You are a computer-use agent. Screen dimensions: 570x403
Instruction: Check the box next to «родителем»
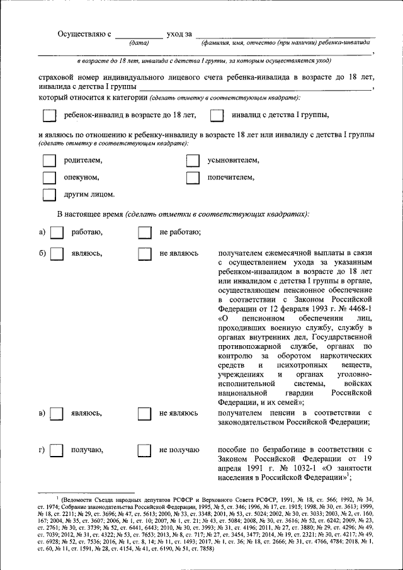pos(48,161)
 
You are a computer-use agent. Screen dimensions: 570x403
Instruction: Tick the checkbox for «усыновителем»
pos(193,161)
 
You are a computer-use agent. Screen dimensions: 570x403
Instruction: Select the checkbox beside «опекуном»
pos(48,178)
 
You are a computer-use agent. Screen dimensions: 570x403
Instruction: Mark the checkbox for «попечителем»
pos(193,178)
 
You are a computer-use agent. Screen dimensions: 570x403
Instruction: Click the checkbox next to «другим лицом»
pos(48,195)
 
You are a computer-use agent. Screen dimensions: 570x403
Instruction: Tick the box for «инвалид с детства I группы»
pos(217,115)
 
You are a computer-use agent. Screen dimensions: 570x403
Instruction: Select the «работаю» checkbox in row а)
pos(56,233)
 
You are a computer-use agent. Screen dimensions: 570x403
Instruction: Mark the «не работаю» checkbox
pos(144,233)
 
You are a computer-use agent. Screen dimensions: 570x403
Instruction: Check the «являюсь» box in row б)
pos(56,253)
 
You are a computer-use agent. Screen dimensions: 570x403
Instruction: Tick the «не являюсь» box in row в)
pos(144,414)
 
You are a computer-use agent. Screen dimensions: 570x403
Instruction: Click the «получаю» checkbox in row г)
pos(56,450)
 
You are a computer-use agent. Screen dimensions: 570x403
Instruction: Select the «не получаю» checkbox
pos(144,450)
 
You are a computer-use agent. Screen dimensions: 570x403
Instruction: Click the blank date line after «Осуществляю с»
pos(139,35)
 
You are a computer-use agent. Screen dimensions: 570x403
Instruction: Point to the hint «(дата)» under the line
pos(139,43)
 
